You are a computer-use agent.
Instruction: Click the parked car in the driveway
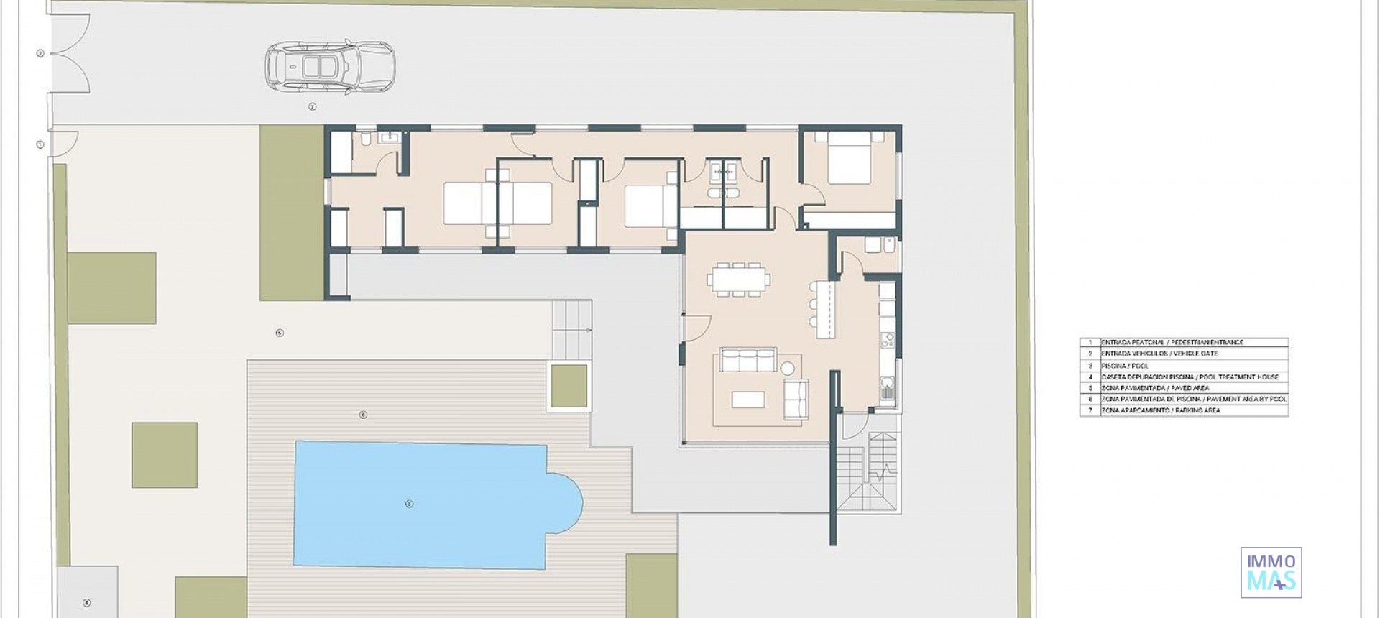tap(330, 67)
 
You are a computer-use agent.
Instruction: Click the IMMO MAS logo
tap(1271, 572)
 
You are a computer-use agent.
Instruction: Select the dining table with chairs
tap(738, 280)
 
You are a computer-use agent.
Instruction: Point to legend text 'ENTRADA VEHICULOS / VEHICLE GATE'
tap(1159, 354)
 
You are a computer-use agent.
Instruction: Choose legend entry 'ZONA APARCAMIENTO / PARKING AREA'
tap(1161, 410)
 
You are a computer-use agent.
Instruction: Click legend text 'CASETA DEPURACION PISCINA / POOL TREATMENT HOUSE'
tap(1190, 377)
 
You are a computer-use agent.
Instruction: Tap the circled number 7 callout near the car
tap(313, 106)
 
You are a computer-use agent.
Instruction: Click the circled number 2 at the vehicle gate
tap(40, 53)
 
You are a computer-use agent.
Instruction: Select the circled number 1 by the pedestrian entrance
tap(40, 144)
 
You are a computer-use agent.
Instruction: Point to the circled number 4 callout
tap(87, 602)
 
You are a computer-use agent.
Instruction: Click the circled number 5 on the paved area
tap(280, 333)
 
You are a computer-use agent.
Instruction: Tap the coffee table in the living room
tap(747, 399)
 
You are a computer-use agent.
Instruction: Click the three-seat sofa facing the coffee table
tap(748, 360)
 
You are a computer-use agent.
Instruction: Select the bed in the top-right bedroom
tap(849, 158)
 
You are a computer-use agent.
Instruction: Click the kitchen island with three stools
tap(825, 309)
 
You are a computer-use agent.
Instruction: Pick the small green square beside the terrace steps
tap(569, 387)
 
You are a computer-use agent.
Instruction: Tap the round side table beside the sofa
tap(788, 369)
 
